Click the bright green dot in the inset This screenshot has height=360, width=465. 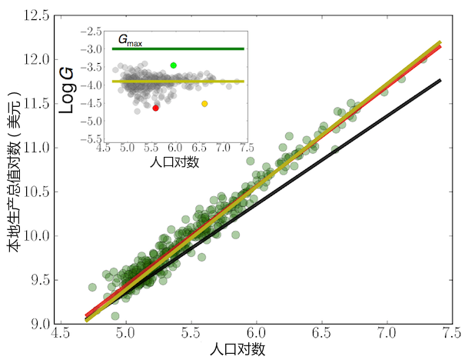[174, 65]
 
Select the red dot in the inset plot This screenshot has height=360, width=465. [156, 108]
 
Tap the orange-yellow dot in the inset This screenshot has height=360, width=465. [204, 104]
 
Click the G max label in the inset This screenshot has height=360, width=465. [130, 39]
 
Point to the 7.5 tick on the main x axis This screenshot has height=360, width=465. [452, 336]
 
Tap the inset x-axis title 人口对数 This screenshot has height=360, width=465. [174, 164]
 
